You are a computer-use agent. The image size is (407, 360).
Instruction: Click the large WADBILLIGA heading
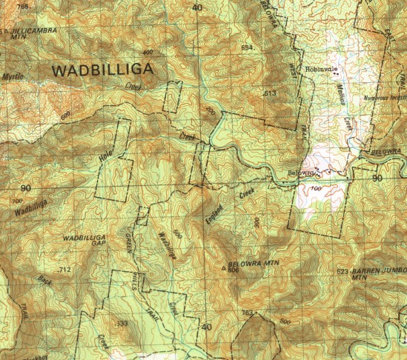click(104, 70)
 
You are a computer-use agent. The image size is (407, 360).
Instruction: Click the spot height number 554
click(248, 47)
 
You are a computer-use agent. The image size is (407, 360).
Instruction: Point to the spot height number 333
click(122, 324)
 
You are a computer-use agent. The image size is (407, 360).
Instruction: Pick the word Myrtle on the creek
click(12, 76)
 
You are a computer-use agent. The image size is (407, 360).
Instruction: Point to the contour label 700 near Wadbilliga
click(16, 201)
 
